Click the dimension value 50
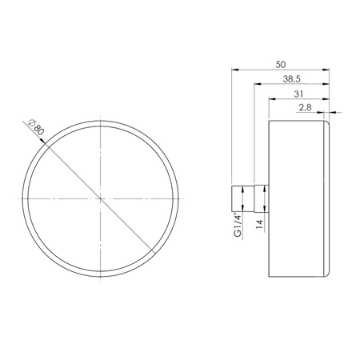click(281, 62)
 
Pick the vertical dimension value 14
click(258, 225)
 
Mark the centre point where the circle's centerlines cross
click(101, 197)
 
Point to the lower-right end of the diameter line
click(155, 250)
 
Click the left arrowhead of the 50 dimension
click(233, 69)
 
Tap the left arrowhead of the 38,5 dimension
click(256, 83)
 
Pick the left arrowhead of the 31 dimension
click(270, 98)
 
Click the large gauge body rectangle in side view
click(296, 196)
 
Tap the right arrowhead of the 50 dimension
click(330, 69)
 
